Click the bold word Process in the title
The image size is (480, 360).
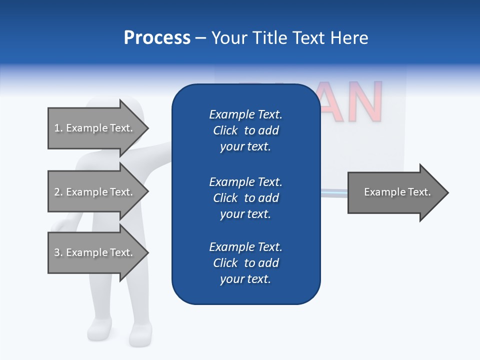(157, 38)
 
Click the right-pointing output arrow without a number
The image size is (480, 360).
(397, 192)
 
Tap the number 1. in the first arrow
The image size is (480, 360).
(58, 128)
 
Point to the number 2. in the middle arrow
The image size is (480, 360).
(58, 192)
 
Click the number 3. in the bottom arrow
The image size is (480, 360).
(58, 252)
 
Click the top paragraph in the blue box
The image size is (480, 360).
(245, 130)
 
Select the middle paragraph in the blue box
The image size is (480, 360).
(245, 198)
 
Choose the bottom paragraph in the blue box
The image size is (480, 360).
(245, 263)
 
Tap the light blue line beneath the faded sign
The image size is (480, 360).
(333, 191)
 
